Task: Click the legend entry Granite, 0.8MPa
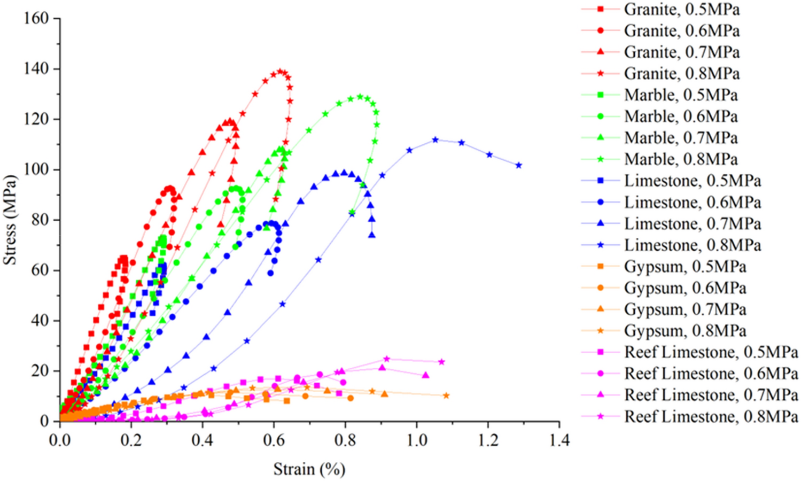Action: point(681,74)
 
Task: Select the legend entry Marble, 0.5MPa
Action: point(680,95)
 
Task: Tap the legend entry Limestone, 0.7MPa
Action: point(692,223)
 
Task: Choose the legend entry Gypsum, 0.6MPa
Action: point(685,288)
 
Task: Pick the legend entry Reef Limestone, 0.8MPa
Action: point(711,416)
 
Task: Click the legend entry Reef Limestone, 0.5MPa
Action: point(711,352)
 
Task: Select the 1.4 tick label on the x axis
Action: point(559,440)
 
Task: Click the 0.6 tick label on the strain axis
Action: point(274,440)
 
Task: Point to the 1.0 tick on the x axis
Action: point(417,440)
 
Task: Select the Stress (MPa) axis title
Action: point(10,220)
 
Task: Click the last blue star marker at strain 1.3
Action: point(519,166)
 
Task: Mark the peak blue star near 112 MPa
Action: point(435,140)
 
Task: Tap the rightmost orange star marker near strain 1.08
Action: point(446,396)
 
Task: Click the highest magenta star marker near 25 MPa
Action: point(387,359)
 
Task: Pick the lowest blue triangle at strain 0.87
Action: point(372,235)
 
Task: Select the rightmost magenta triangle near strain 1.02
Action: point(425,375)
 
